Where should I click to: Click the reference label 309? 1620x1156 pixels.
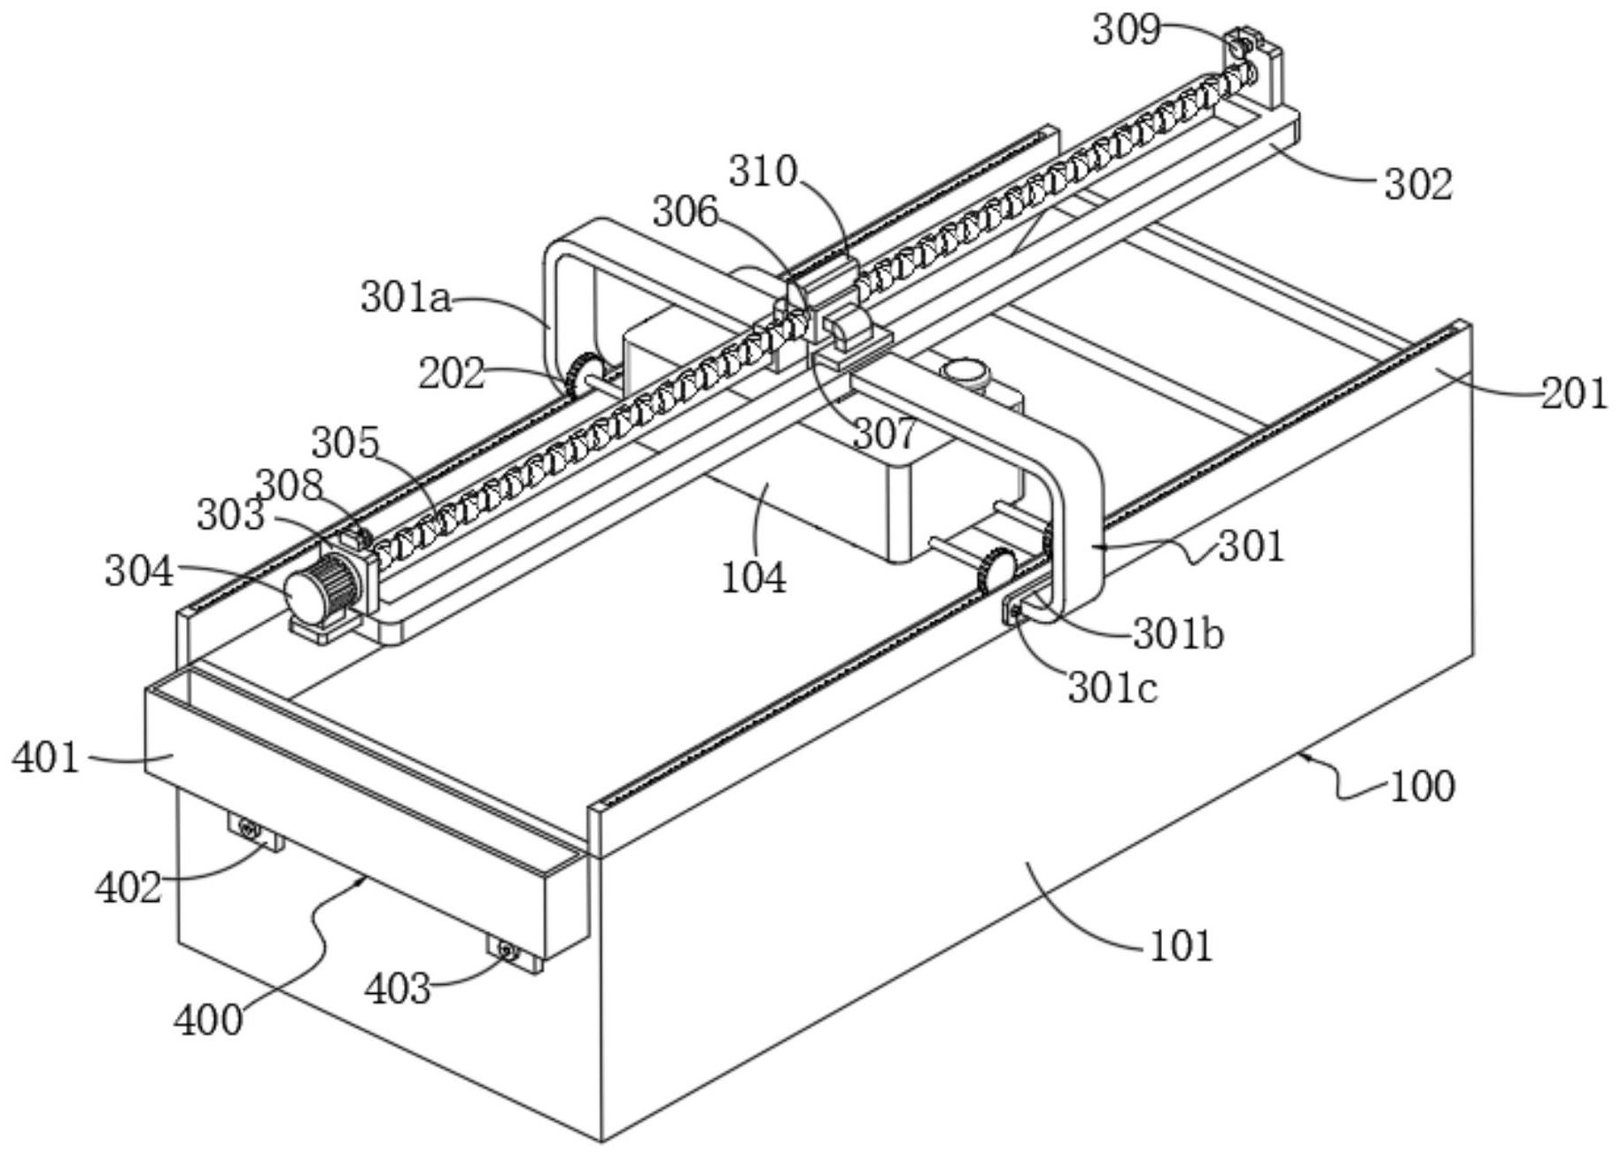(1126, 29)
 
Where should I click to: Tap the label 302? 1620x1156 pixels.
(1419, 183)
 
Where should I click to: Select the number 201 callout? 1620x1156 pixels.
(1574, 392)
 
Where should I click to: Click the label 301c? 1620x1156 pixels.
(1112, 687)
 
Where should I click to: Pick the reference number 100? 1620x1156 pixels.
(1422, 786)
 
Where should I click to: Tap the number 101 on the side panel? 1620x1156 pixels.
(1181, 946)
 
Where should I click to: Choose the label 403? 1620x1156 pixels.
(399, 988)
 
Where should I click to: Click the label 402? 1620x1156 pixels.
(129, 887)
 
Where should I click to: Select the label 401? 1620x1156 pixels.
(46, 758)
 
